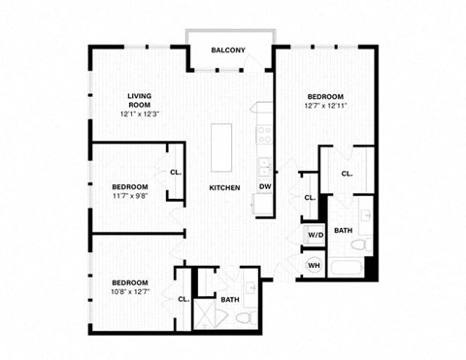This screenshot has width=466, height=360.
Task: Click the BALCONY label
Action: pos(228,50)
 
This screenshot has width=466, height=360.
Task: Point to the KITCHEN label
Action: pos(224,187)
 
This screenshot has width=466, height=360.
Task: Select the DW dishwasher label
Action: pos(264,187)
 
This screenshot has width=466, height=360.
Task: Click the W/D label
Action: pos(315,235)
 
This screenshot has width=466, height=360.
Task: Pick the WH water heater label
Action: pos(315,265)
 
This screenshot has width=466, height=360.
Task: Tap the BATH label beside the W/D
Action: pos(344,231)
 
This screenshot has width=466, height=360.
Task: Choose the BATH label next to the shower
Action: pos(229,300)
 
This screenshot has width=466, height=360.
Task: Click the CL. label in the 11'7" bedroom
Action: pos(175,172)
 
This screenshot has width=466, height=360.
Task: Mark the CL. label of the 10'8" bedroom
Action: pos(183,300)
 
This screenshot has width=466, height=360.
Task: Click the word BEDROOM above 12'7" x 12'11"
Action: pos(326,97)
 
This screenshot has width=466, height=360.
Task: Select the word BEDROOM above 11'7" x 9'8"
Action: pos(129,186)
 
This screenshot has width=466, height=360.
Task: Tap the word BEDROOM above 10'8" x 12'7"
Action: pos(128,282)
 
